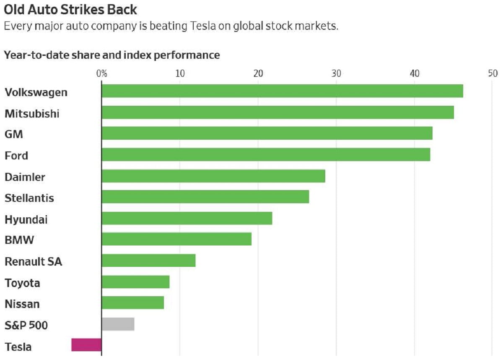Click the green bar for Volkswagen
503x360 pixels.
coord(282,91)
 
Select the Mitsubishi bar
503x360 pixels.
coord(277,112)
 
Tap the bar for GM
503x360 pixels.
coord(267,133)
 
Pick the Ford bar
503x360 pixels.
coord(266,155)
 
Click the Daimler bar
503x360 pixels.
coord(213,176)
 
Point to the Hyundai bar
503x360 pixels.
coord(187,219)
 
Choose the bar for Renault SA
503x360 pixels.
coord(148,261)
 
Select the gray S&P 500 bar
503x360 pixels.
coord(118,324)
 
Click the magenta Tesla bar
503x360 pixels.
coord(87,345)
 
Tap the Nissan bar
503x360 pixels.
coord(132,303)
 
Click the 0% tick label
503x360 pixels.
coord(101,74)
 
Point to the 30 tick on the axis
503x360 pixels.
coord(336,74)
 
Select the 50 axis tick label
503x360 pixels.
coord(493,74)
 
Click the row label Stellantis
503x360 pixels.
coord(29,198)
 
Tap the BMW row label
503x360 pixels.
coord(19,240)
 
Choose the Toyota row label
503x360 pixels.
coord(23,283)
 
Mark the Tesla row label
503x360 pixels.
coord(18,347)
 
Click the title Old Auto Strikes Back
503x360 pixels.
coord(70,9)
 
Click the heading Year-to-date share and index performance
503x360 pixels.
coord(112,55)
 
